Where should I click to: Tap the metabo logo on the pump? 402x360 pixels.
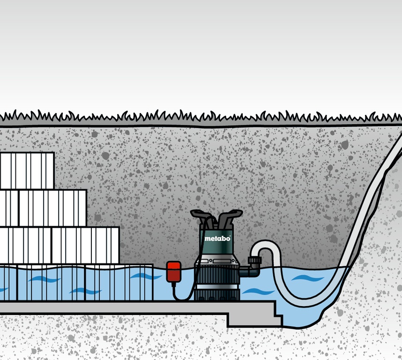coord(217,239)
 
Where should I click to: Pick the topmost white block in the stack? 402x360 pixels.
coord(27,171)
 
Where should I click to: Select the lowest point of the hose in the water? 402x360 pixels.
coord(300,303)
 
